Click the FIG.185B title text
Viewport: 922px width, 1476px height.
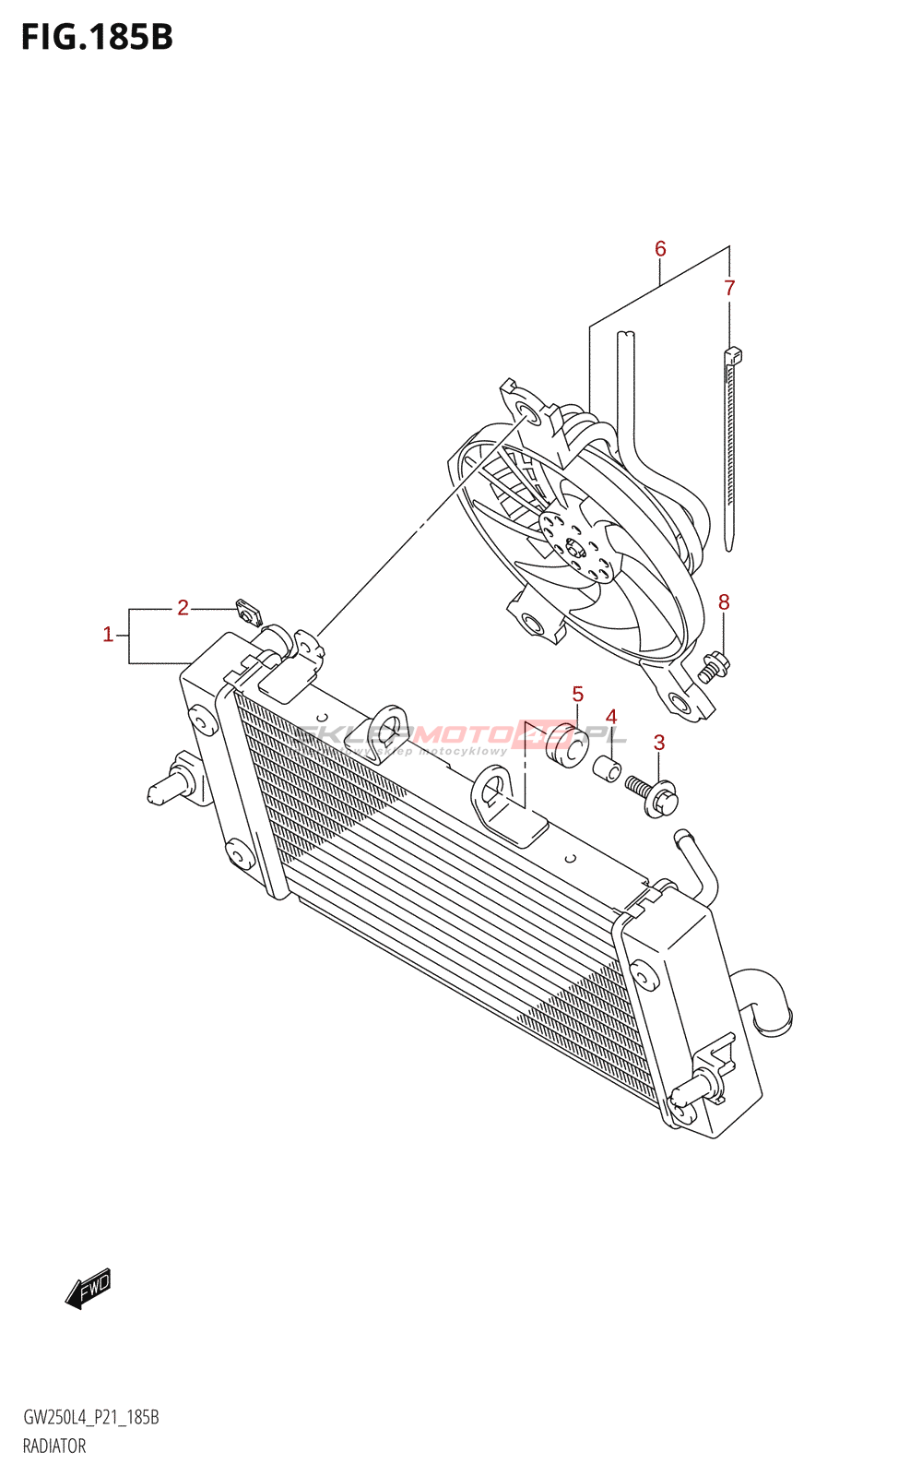point(97,37)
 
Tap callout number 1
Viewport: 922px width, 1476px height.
point(108,635)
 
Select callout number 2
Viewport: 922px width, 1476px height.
point(183,608)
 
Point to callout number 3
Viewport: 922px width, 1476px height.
point(658,743)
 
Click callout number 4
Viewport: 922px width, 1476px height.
point(610,718)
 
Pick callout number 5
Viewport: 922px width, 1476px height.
point(577,694)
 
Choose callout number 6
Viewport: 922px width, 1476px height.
point(660,249)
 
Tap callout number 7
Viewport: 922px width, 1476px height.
point(729,288)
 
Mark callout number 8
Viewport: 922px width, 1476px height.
point(724,602)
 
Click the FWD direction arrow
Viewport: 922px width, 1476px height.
point(89,1288)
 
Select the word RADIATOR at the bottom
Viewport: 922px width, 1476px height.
point(54,1446)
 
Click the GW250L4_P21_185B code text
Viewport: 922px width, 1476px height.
point(91,1417)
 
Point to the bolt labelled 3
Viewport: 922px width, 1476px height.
point(653,794)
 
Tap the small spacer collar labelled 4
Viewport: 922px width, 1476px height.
point(606,768)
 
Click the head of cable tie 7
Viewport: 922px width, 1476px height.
point(734,355)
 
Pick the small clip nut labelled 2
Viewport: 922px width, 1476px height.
point(248,611)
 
